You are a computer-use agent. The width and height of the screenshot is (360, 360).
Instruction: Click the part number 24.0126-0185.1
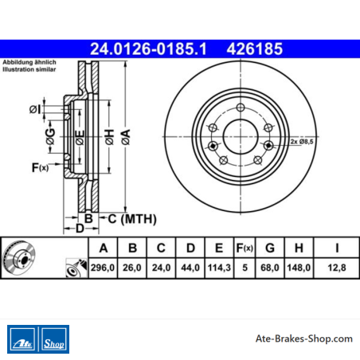pos(148,49)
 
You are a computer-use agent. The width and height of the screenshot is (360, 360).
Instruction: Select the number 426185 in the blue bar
pos(255,49)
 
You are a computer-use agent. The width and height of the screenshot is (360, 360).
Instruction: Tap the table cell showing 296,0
pos(103,268)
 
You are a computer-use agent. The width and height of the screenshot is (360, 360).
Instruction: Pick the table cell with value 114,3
pos(219,268)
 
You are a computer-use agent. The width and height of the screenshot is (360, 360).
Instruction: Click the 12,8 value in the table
pos(337,268)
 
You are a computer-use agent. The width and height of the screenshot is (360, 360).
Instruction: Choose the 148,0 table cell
pos(299,268)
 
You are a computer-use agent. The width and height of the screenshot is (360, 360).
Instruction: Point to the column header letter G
pos(270,248)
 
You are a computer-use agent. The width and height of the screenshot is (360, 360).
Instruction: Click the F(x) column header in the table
pos(245,248)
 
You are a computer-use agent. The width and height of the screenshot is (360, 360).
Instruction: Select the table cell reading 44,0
pos(190,268)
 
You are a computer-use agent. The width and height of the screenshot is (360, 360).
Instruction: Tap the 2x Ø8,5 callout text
pos(302,142)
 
